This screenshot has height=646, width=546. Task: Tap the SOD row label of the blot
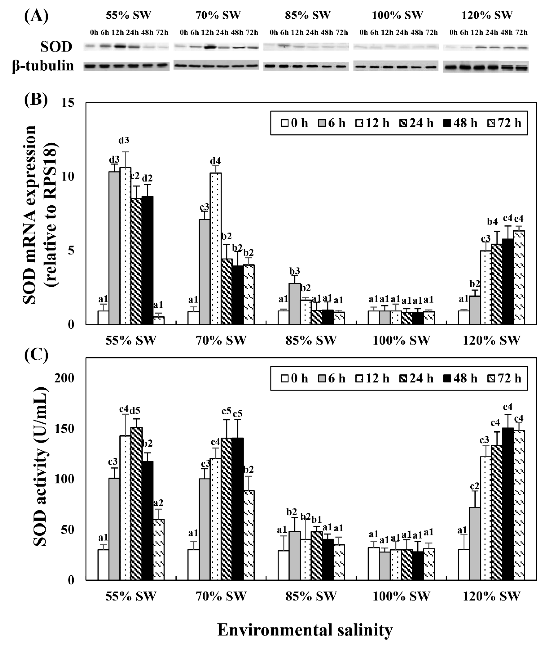tap(56, 47)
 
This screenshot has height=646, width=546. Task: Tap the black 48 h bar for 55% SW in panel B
tap(147, 260)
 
